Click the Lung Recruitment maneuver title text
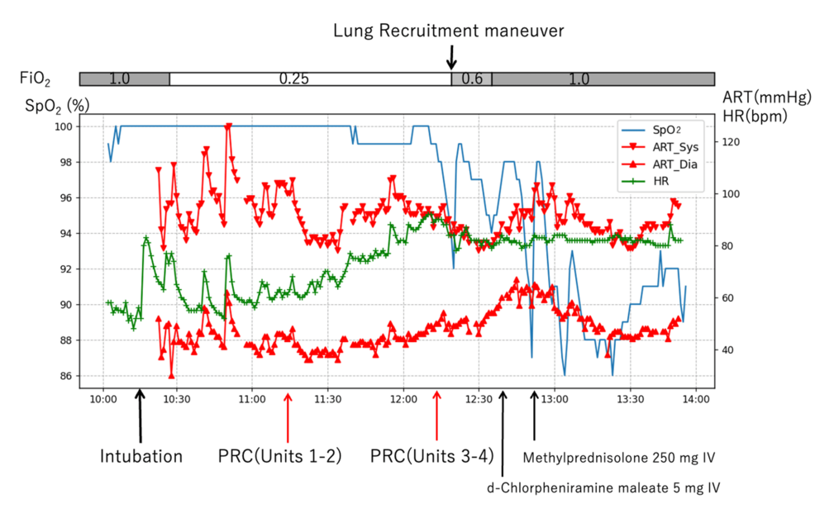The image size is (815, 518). tap(449, 31)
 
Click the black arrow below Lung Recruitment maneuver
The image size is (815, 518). tap(450, 57)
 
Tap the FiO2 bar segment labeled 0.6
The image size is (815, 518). tap(471, 79)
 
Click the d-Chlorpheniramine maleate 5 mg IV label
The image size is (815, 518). tap(603, 487)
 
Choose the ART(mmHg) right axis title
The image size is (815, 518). tap(765, 97)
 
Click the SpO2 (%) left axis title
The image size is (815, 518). tap(55, 106)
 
